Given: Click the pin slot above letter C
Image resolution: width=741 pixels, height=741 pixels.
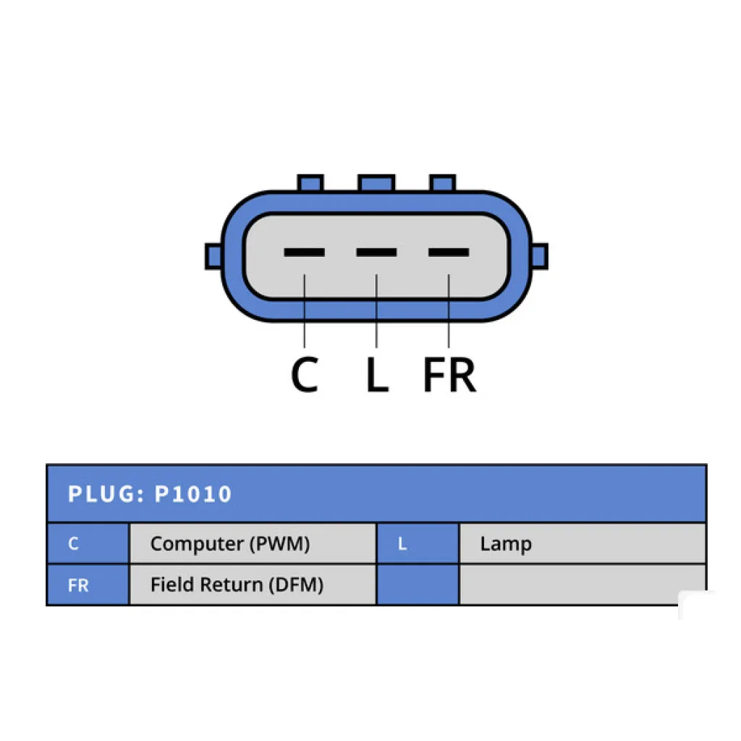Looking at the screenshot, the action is click(304, 253).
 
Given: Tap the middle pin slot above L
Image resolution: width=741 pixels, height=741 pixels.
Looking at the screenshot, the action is click(376, 253).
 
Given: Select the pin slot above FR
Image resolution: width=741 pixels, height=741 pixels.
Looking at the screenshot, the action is click(449, 253).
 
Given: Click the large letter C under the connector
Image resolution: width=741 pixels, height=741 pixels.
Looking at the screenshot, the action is click(305, 374).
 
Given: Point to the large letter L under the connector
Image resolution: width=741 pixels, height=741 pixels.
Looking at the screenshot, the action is click(377, 374).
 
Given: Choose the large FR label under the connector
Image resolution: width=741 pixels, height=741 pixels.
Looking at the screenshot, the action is click(449, 374).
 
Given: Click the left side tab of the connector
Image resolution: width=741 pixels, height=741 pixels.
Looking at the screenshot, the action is click(213, 257).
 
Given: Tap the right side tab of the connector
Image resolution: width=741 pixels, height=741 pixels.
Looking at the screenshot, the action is click(540, 257).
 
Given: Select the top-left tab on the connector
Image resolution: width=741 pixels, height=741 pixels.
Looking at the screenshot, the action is click(310, 183).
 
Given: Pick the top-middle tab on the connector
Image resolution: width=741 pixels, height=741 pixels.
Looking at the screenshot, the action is click(376, 183).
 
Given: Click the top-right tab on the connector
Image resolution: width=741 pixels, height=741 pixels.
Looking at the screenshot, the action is click(442, 183).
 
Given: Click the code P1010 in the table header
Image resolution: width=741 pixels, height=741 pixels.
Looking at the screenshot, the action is click(192, 494).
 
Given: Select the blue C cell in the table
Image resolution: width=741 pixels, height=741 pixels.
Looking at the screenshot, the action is click(88, 543).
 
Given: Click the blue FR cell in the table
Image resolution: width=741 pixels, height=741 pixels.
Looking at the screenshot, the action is click(88, 585).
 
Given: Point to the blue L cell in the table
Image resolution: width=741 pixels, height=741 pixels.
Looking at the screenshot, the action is click(418, 543).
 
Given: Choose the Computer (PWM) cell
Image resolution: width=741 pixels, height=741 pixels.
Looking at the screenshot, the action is click(253, 543).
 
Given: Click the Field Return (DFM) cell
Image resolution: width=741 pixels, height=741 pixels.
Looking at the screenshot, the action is click(253, 585).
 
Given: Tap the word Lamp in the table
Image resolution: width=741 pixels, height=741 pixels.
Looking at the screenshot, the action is click(506, 544).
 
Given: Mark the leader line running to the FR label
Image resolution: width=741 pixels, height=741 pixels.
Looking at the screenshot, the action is click(449, 311).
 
